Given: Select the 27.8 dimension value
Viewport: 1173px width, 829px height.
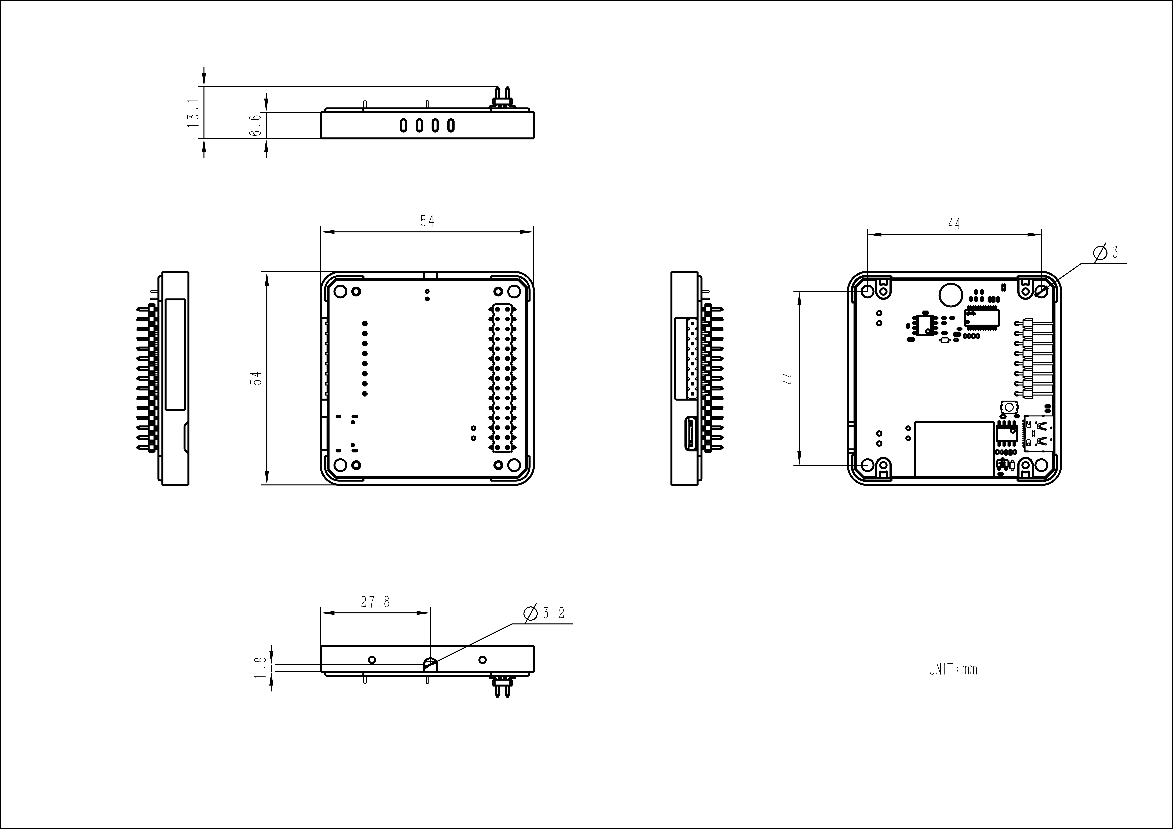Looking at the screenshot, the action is pyautogui.click(x=376, y=602).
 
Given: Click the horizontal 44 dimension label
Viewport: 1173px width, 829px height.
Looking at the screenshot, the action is pyautogui.click(x=954, y=224).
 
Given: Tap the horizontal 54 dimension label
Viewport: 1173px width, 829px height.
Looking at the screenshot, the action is pyautogui.click(x=427, y=221).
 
